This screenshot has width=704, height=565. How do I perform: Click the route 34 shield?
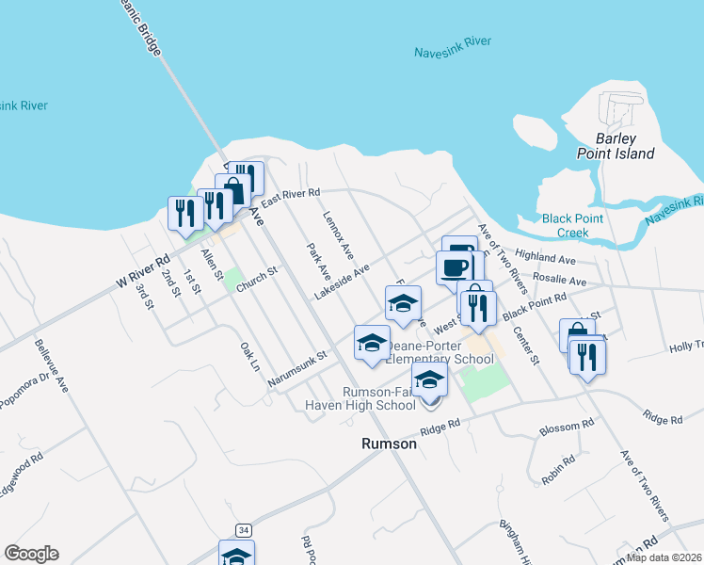coord(244,530)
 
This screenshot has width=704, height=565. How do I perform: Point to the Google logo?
coord(31,554)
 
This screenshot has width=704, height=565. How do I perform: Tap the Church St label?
coord(258,279)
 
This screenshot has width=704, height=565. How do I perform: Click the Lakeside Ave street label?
coord(342,282)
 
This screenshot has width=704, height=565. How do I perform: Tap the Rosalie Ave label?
coord(559,281)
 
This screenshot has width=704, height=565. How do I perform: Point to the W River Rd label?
coord(142,270)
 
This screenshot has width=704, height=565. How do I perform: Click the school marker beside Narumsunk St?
coord(372,342)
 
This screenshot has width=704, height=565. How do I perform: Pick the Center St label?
coord(525,346)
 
